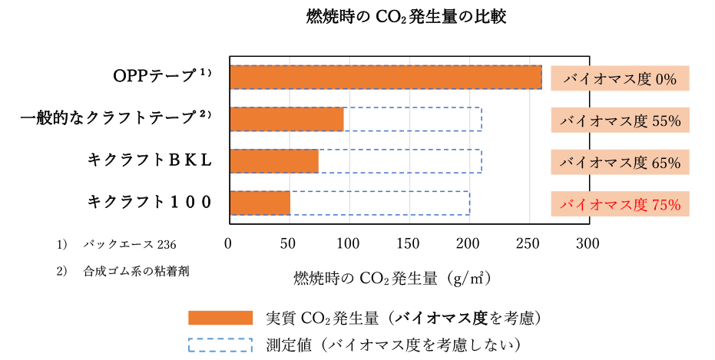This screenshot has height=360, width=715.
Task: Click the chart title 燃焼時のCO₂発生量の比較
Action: [x=406, y=18]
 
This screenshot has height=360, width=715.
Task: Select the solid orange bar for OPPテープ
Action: [x=386, y=78]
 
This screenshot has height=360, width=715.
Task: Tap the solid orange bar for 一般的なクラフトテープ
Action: [x=286, y=120]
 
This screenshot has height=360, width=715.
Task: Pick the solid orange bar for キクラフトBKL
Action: [x=274, y=161]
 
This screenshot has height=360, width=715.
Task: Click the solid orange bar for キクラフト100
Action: [x=260, y=203]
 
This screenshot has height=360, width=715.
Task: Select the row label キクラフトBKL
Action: [x=150, y=160]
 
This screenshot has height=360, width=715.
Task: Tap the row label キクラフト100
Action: [x=150, y=202]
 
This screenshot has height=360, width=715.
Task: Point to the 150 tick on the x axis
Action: [x=408, y=244]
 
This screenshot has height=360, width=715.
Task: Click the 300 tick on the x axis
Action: [x=588, y=244]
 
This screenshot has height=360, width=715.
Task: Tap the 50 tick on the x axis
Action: [x=288, y=244]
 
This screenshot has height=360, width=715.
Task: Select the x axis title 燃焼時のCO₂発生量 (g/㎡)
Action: [x=393, y=278]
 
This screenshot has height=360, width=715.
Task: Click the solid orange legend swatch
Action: [x=220, y=318]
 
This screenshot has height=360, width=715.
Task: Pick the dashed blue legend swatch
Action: [x=220, y=345]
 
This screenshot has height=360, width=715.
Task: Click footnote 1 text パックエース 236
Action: [x=130, y=245]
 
